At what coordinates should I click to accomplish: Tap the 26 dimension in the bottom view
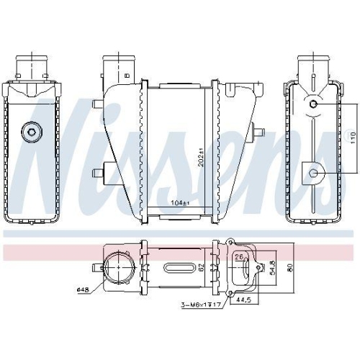[238, 257]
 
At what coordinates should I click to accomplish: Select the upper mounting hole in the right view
[315, 105]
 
